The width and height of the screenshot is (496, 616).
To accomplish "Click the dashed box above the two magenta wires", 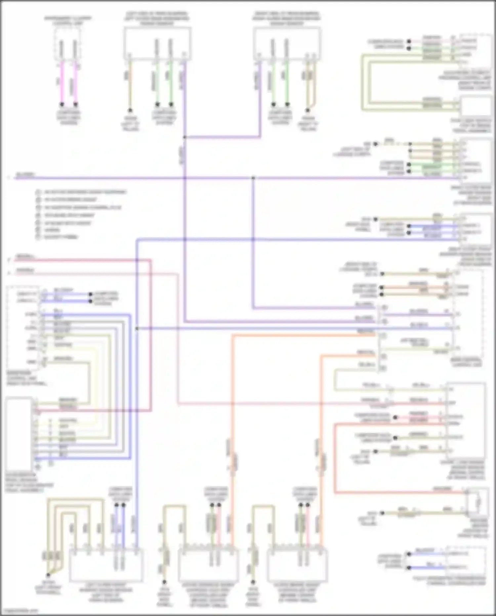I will pos(67,44).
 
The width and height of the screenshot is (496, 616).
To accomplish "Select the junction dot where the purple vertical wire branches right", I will pos(185,137).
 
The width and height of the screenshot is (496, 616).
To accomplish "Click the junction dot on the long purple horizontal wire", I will pos(253,178).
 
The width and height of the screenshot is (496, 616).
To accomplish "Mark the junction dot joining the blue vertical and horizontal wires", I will pos(137,328).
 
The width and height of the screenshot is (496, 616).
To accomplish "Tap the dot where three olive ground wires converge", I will pos(48,575).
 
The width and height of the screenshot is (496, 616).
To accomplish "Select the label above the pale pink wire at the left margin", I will pos(25,270).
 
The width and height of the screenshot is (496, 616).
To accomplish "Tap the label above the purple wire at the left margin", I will pos(25,174).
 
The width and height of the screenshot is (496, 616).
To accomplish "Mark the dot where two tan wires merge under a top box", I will pos(308,110).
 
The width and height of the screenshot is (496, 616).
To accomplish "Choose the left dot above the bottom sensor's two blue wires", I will pos(116,505).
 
